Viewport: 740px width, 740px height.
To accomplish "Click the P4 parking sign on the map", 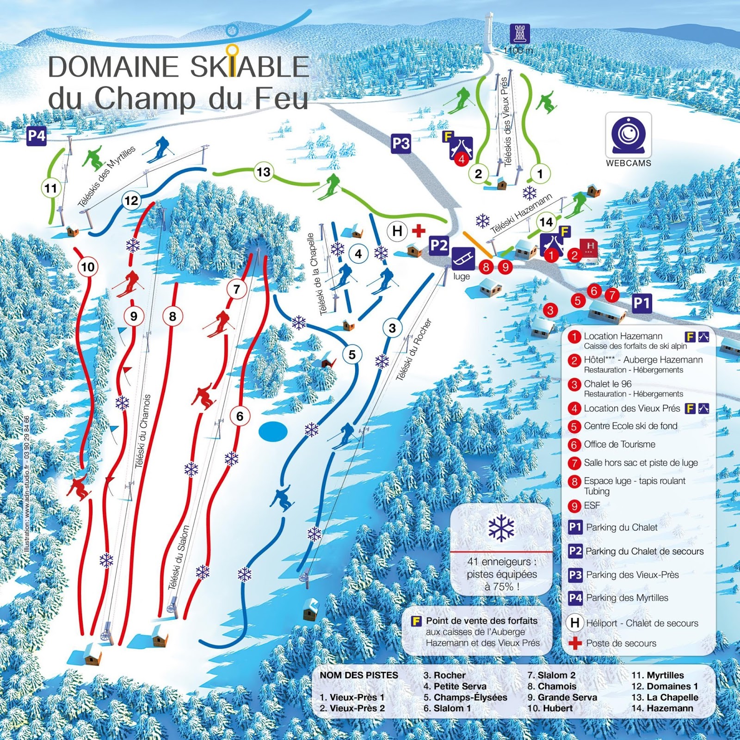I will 37,136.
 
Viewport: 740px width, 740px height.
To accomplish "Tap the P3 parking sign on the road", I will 401,144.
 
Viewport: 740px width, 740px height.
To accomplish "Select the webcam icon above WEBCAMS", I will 628,135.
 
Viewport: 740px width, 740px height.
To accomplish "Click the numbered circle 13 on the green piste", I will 264,172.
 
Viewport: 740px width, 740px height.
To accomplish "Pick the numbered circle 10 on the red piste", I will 88,267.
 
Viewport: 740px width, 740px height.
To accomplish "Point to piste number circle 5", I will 352,355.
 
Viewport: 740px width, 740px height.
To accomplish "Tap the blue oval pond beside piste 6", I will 273,431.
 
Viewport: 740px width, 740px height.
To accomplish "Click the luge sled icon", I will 463,258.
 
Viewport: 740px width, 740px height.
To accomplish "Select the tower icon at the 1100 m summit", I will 519,34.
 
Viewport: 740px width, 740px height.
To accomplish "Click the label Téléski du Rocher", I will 413,350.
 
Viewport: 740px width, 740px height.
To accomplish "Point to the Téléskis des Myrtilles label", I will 106,177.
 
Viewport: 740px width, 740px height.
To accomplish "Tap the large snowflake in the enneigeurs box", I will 501,528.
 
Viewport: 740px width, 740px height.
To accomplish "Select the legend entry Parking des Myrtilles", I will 627,598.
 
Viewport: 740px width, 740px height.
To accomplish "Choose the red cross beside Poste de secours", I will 575,643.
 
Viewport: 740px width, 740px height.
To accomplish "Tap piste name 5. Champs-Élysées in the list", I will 465,697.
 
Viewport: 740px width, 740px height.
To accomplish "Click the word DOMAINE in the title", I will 113,67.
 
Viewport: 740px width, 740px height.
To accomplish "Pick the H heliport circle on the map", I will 397,231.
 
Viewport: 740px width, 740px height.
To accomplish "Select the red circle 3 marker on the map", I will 550,310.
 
